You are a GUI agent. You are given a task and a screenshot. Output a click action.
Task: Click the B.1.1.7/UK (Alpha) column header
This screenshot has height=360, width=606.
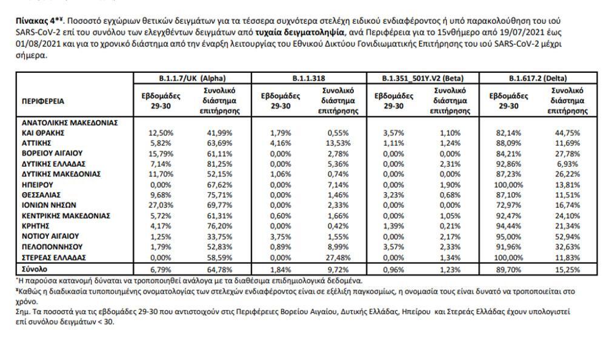pyautogui.click(x=192, y=78)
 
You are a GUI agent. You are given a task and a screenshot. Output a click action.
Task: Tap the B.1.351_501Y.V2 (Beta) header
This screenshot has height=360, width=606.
pyautogui.click(x=422, y=78)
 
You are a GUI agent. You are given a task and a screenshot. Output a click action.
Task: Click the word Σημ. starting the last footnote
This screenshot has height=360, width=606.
pyautogui.click(x=22, y=312)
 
